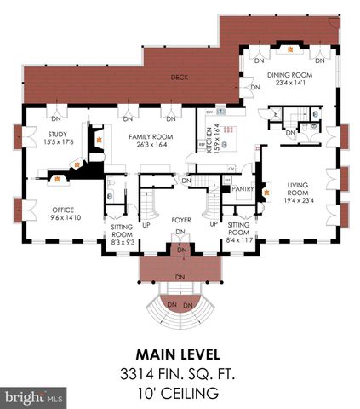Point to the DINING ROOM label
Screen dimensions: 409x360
coord(290,75)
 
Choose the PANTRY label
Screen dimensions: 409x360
coord(243,189)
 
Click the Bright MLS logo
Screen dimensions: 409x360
coord(34,397)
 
